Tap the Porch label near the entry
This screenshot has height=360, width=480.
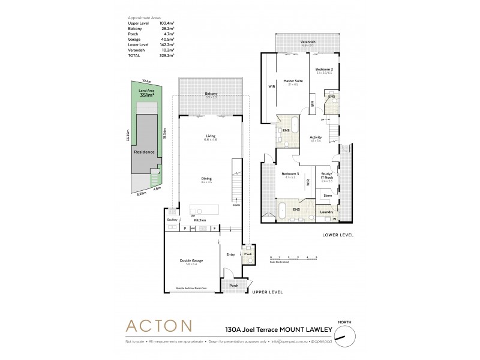(x=234, y=285)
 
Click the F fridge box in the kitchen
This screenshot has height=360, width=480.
(x=214, y=228)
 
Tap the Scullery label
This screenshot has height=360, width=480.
(x=172, y=220)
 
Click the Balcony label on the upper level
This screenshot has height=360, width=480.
(x=211, y=94)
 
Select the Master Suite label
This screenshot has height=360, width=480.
(x=293, y=81)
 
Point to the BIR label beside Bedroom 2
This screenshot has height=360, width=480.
(x=313, y=103)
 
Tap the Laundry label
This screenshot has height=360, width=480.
(x=327, y=212)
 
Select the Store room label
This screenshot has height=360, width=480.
(x=328, y=195)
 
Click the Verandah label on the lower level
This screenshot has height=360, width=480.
(x=308, y=42)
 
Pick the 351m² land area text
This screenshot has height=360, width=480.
(x=147, y=95)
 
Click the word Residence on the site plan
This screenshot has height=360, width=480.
(x=144, y=152)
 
